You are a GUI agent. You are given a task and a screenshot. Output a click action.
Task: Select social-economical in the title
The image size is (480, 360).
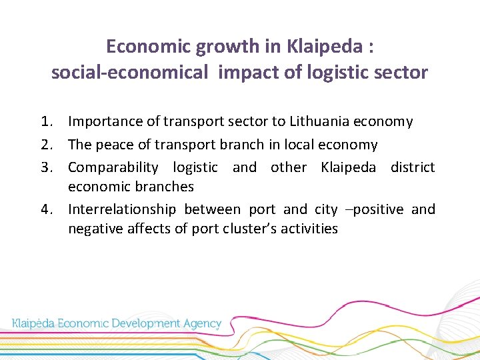pos(130,73)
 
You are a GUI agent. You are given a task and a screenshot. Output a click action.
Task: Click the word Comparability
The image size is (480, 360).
pos(113,167)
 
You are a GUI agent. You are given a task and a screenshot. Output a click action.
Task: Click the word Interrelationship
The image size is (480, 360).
pos(121,209)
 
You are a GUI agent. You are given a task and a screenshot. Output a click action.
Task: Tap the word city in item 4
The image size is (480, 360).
pos(326,209)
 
